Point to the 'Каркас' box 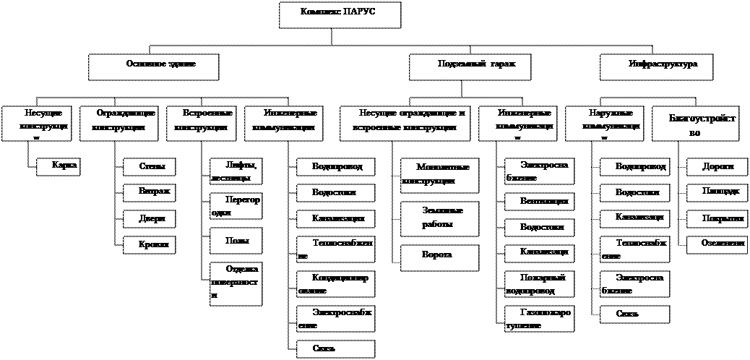click(x=59, y=167)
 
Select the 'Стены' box click(x=149, y=167)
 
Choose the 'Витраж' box click(x=149, y=193)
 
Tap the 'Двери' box click(x=149, y=218)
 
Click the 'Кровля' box click(x=149, y=245)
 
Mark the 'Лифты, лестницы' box click(x=236, y=171)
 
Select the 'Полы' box click(x=236, y=240)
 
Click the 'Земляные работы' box click(x=439, y=218)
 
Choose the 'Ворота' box click(x=439, y=258)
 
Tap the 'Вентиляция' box click(x=539, y=201)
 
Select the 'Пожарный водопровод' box click(x=539, y=284)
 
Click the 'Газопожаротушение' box click(x=539, y=319)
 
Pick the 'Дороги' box click(x=717, y=167)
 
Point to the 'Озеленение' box click(x=717, y=245)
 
